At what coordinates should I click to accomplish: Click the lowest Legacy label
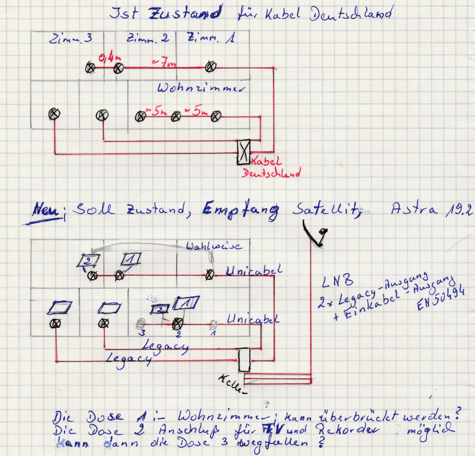click(128, 359)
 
